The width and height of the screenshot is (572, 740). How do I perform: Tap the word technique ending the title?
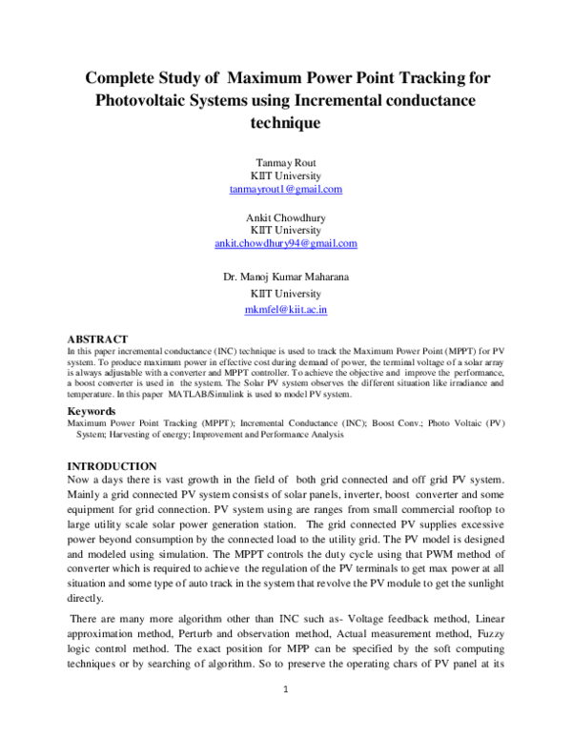click(x=286, y=123)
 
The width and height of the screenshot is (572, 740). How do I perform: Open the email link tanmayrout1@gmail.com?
click(x=286, y=189)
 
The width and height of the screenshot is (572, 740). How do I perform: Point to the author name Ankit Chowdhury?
click(x=286, y=217)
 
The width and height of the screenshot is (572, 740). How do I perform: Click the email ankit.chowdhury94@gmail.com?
click(x=286, y=243)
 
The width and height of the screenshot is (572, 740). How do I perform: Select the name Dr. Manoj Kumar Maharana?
click(x=286, y=277)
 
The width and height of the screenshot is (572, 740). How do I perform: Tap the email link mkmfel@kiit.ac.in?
click(x=286, y=310)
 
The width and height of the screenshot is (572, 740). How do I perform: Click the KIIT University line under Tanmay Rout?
click(x=286, y=175)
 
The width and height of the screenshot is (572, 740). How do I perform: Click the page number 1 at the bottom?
click(x=286, y=690)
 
